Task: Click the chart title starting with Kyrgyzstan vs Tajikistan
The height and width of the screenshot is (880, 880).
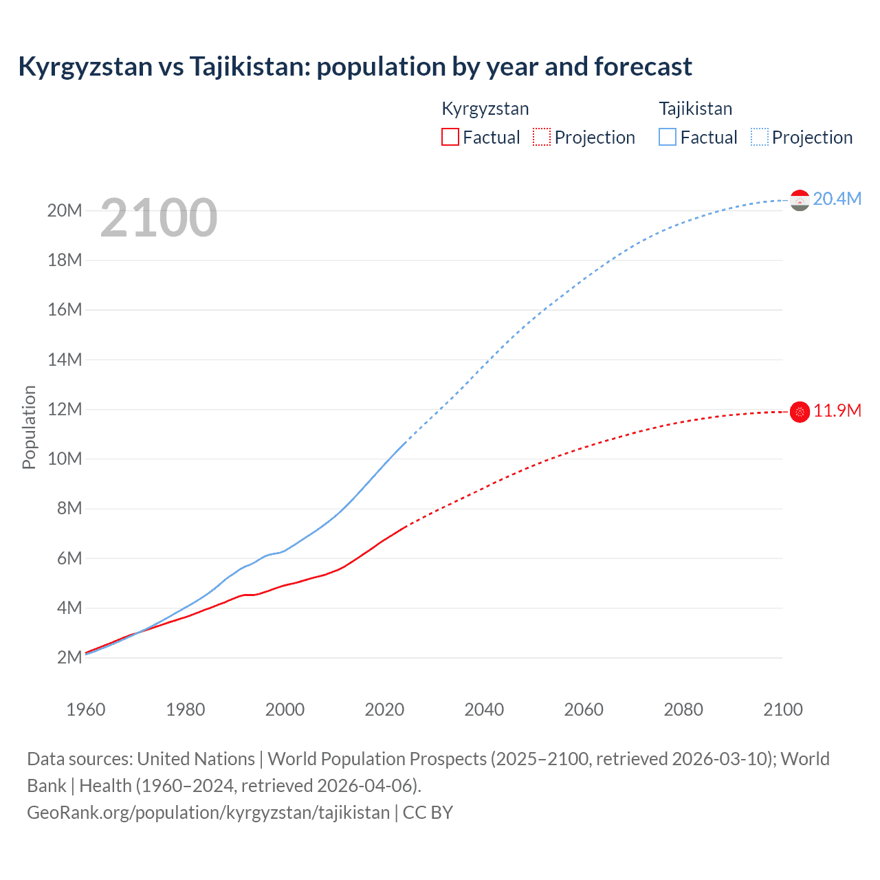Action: coord(355,67)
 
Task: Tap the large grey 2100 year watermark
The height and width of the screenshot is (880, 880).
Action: coord(159,218)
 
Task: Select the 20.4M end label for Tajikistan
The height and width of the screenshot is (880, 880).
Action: coord(837,199)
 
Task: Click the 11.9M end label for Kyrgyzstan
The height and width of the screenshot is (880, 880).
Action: coord(837,410)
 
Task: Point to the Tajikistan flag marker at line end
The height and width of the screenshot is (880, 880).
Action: coord(800,200)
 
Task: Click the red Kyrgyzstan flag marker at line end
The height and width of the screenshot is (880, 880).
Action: coord(800,412)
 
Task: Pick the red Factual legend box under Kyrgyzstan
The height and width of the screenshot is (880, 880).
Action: coord(450,137)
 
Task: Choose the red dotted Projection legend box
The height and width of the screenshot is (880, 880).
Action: coord(542,137)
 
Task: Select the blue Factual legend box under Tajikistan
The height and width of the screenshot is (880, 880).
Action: coord(668,137)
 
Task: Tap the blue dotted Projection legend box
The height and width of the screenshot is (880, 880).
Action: coord(760,137)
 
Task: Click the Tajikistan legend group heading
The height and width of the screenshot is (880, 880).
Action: coord(695,109)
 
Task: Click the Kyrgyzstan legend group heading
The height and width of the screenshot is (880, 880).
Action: coord(485,109)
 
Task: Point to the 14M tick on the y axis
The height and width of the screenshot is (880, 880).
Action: coord(65,360)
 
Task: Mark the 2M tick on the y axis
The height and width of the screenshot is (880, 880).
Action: coord(69,657)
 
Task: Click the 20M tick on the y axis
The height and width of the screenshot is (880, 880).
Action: coord(65,210)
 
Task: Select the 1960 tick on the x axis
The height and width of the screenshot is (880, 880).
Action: coord(86,709)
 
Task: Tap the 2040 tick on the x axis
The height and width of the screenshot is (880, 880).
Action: coord(484,709)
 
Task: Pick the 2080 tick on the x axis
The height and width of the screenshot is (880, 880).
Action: coord(683,709)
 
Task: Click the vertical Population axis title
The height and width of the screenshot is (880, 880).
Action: coord(29,427)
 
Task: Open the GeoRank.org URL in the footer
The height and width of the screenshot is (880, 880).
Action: coord(208,813)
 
